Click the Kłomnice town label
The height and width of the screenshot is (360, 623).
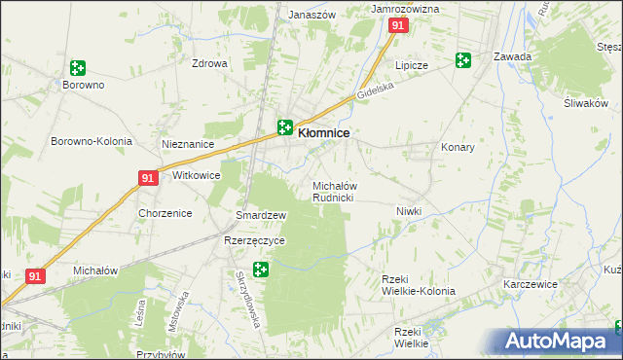323,132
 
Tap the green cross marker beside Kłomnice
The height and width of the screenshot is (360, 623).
284,126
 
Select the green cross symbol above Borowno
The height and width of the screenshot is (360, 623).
77,68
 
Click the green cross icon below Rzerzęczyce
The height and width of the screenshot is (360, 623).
260,269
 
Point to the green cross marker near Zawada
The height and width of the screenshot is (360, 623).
463,60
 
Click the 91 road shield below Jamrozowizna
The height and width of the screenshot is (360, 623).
397,26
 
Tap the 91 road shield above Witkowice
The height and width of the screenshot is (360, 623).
147,178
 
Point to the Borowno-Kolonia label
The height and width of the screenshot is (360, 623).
92,141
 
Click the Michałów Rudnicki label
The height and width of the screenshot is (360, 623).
334,192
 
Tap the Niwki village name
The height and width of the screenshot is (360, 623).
409,211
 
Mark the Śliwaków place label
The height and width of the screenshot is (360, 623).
585,104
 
